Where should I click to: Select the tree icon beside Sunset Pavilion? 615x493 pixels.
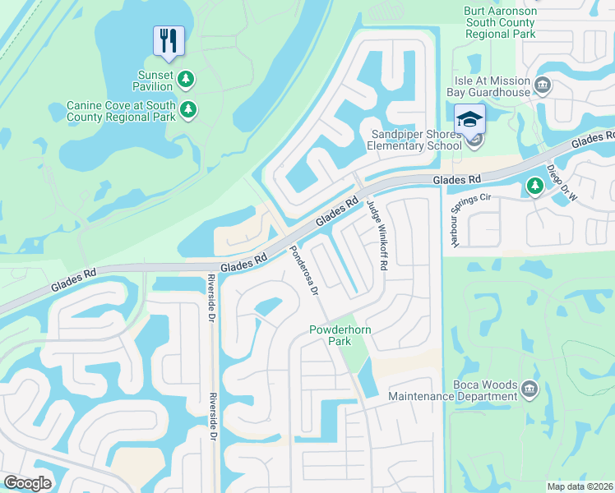coord(187,79)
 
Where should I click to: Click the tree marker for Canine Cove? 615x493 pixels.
coord(188,109)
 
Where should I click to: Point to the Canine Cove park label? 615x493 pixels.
coord(121,111)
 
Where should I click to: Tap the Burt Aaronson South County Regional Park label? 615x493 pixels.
coord(500,24)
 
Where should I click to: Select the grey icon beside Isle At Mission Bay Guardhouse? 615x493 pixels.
coord(543,85)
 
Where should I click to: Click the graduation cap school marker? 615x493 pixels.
coord(470,120)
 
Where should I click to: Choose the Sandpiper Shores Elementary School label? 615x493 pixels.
coord(416,141)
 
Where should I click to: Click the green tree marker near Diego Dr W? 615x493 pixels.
coord(535,187)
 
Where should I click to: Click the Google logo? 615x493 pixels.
coord(27,482)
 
